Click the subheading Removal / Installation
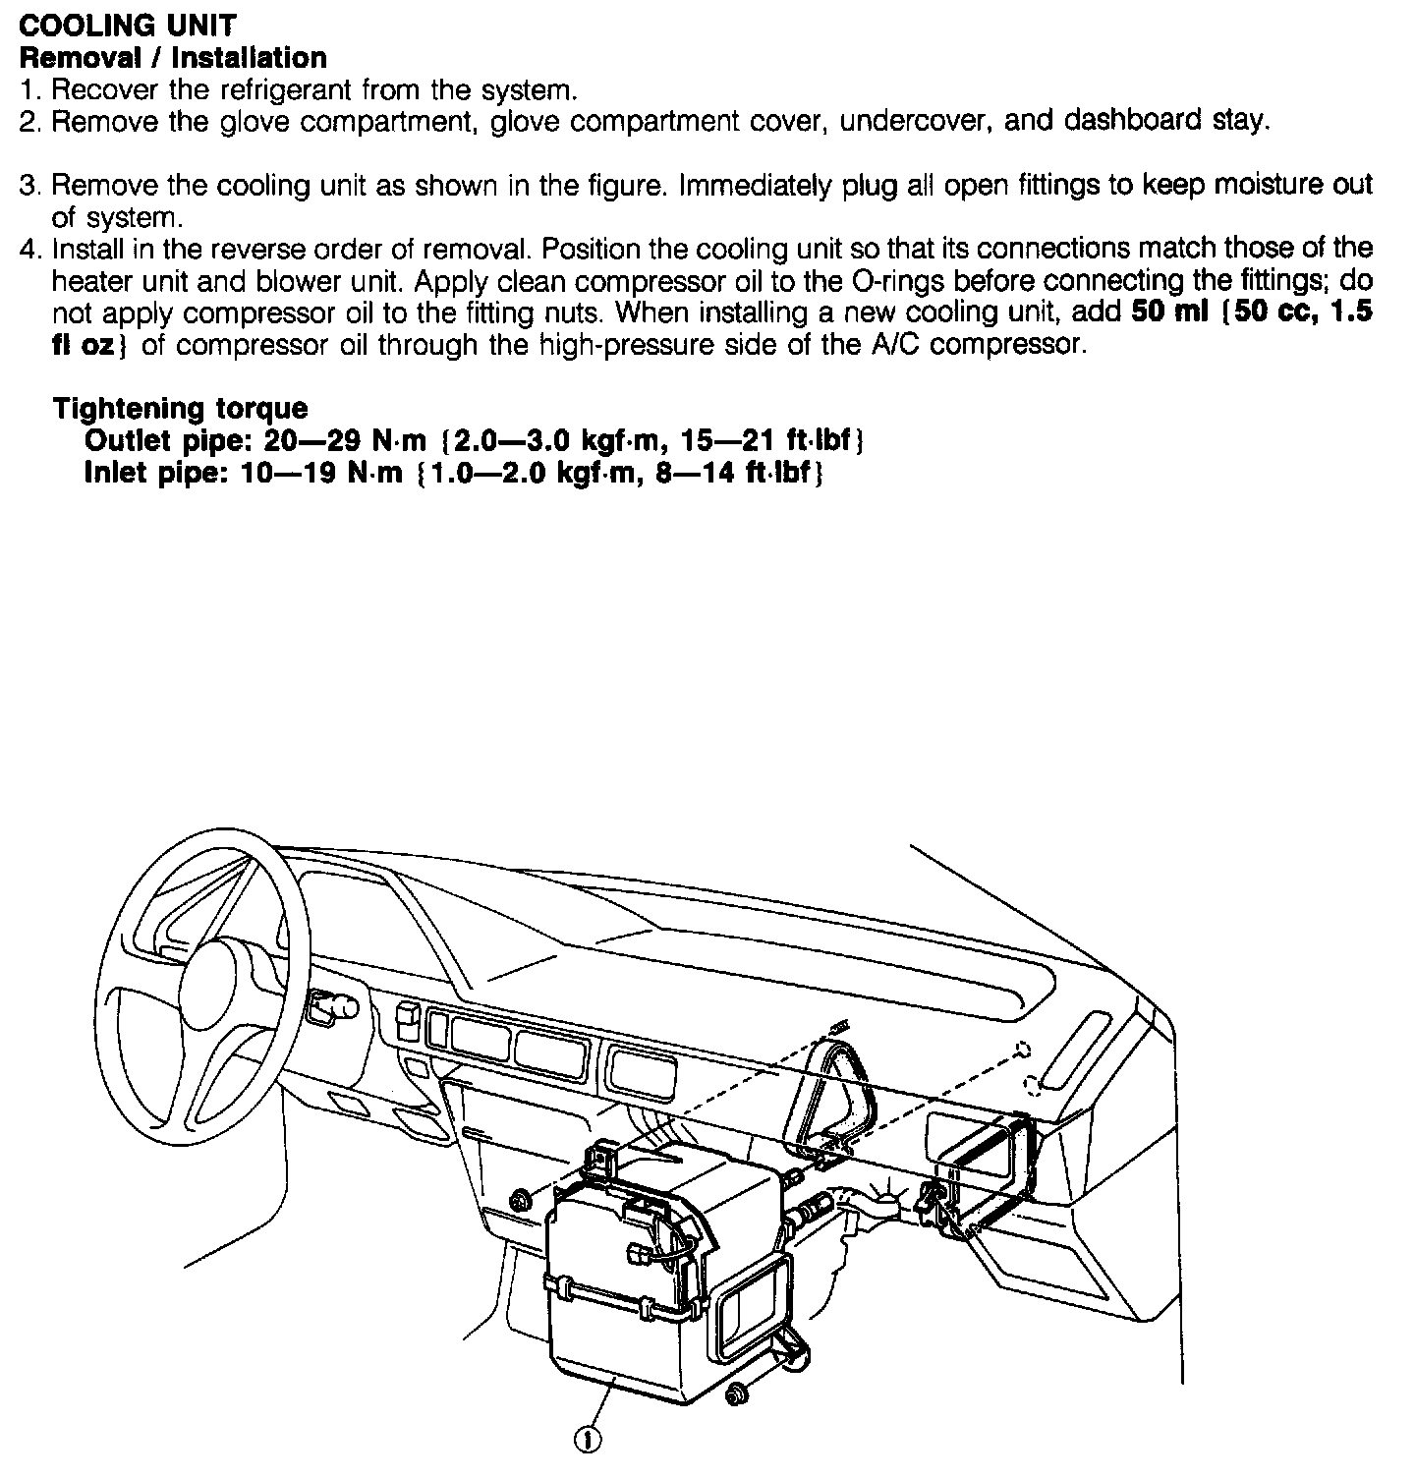(x=173, y=57)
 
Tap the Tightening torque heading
(x=180, y=408)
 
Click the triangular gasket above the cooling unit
(x=835, y=1091)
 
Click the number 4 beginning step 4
(x=28, y=249)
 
